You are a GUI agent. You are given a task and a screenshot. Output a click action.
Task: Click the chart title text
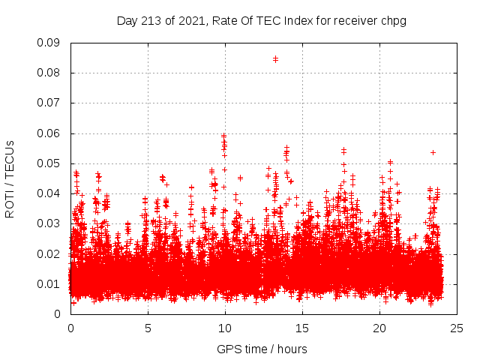(261, 20)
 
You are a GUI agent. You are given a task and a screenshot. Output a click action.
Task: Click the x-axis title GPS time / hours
(262, 349)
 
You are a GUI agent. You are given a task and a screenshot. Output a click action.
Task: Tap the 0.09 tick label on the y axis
(49, 43)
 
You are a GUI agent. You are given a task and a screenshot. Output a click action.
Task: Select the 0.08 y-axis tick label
(49, 73)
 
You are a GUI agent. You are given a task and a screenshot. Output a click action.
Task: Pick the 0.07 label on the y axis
(49, 103)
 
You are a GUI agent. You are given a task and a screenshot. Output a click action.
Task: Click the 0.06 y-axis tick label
(49, 133)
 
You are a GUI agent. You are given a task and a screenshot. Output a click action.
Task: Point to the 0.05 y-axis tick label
(49, 163)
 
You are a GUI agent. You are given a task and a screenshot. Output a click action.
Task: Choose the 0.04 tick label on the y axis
(49, 193)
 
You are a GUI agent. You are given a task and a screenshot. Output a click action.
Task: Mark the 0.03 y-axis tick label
(49, 223)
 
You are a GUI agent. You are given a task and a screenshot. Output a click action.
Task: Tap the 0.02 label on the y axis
(49, 253)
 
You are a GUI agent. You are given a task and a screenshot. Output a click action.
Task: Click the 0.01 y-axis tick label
(49, 283)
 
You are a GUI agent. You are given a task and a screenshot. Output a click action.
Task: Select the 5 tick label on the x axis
(148, 328)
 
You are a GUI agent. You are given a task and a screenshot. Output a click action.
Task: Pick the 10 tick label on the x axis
(225, 328)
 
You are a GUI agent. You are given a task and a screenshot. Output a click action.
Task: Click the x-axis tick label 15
(302, 328)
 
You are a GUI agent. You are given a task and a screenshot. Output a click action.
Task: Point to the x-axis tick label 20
(379, 328)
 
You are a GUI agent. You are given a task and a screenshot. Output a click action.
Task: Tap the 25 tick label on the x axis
(457, 328)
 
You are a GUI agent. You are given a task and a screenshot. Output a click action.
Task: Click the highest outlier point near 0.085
(275, 58)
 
